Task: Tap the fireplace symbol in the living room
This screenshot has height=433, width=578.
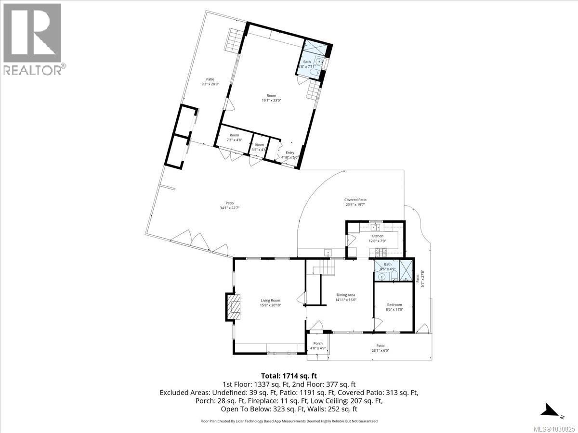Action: click(x=235, y=307)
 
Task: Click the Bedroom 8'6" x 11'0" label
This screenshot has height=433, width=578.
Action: click(x=394, y=307)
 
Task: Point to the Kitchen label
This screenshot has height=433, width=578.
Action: click(x=377, y=239)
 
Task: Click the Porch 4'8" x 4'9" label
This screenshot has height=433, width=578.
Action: click(x=318, y=345)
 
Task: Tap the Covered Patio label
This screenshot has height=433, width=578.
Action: click(x=355, y=202)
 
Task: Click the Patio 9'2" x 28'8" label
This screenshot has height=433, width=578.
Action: click(x=210, y=81)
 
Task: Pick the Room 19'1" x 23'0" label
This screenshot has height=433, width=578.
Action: click(x=271, y=98)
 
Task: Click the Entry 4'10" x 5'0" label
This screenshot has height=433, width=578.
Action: click(x=290, y=154)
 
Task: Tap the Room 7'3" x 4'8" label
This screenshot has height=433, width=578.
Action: click(x=235, y=137)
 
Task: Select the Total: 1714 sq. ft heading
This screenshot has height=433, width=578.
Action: click(x=289, y=376)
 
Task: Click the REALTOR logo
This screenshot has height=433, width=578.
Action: click(x=32, y=38)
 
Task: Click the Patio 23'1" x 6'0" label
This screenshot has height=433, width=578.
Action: click(x=381, y=347)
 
